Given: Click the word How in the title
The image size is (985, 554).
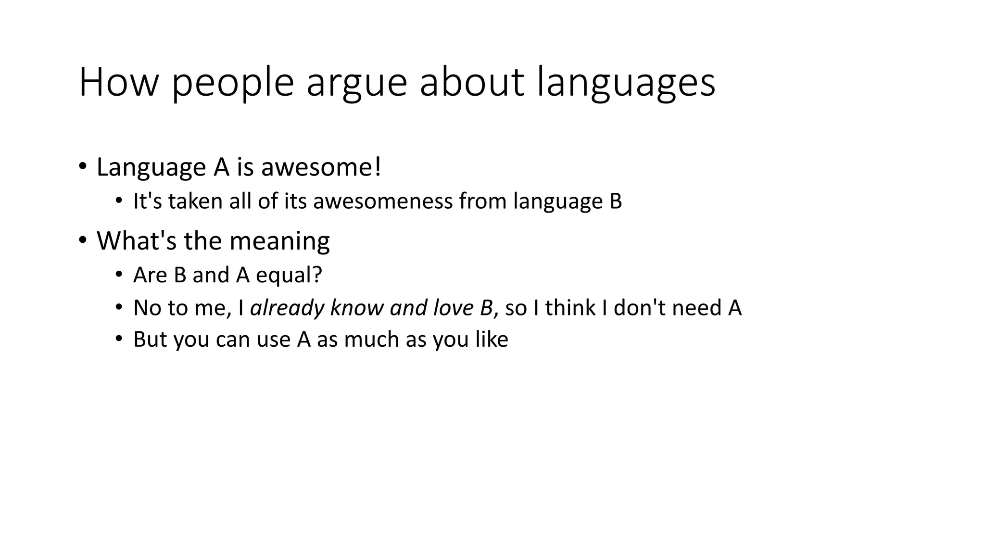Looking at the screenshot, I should coord(118,82).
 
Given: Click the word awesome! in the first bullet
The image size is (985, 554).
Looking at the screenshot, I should coord(321,167).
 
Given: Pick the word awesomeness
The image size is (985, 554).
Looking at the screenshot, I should coord(383,201).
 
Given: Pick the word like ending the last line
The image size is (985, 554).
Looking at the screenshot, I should coord(492,340).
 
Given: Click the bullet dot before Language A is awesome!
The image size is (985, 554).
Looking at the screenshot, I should coord(83,166).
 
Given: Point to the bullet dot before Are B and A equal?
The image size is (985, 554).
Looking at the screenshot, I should coord(119,275).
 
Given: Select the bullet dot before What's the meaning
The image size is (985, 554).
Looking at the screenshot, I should coord(83,239).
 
